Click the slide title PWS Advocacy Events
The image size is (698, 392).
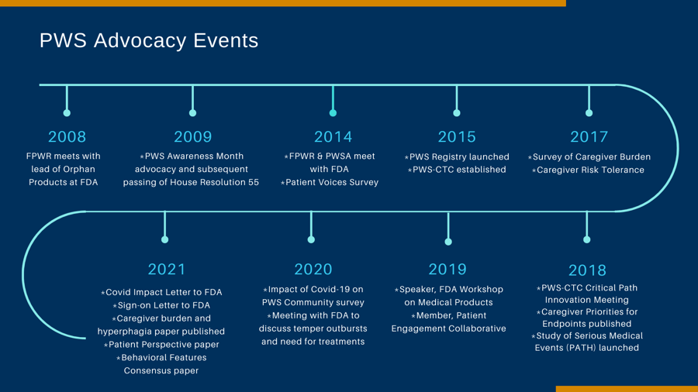tap(149, 41)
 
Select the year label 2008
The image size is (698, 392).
tap(67, 137)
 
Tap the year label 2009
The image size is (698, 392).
tap(193, 137)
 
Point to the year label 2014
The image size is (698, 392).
tap(333, 137)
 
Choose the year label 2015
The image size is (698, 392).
tap(457, 137)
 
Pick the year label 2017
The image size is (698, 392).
tap(589, 137)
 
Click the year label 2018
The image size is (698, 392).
tap(587, 270)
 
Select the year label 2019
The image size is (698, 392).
tap(447, 270)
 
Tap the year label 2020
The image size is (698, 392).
tap(313, 270)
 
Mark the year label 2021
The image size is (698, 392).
tap(167, 270)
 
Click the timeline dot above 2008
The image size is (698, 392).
tap(67, 113)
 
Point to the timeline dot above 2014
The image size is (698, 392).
tap(333, 113)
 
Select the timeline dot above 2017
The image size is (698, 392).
tap(589, 113)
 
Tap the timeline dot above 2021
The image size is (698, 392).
tap(164, 239)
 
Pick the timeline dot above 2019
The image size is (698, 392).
tap(448, 242)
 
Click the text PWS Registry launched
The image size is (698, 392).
tap(459, 157)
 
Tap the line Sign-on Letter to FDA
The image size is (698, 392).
tap(161, 305)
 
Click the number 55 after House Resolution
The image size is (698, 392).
tap(254, 182)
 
